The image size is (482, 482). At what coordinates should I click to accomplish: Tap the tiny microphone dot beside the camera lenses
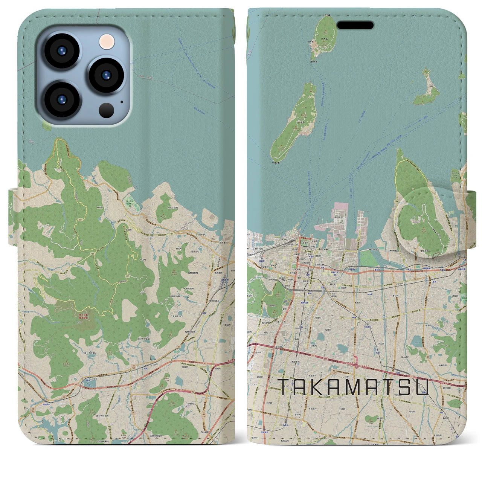121,101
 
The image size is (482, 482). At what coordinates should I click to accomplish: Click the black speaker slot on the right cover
355,25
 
